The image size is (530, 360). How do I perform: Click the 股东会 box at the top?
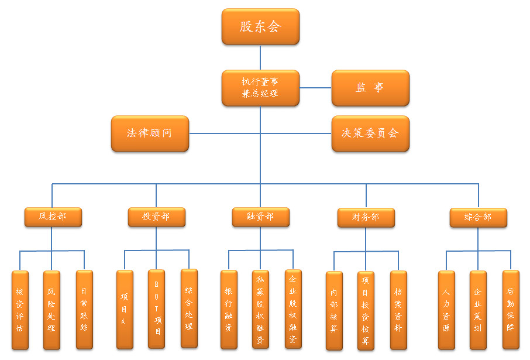pos(260,26)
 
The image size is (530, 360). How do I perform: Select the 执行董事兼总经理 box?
pos(260,88)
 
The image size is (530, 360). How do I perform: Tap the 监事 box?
pos(370,88)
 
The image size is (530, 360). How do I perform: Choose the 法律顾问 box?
pos(150,133)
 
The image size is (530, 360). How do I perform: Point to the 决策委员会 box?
pos(370,133)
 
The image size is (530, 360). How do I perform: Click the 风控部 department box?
pos(53,217)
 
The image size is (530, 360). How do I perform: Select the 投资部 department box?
pos(156,217)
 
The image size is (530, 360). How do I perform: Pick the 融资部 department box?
pos(260,217)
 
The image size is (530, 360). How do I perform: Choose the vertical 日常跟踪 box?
pos(84,310)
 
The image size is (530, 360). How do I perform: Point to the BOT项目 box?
pos(156,309)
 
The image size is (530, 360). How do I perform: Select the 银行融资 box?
pos(229,309)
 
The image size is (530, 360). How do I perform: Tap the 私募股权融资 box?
pos(260,309)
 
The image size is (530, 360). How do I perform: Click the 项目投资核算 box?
pos(366,310)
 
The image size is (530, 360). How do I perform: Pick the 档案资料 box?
pos(398,310)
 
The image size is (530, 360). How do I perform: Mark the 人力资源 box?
pos(446,310)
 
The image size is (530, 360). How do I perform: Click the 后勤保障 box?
pos(511,310)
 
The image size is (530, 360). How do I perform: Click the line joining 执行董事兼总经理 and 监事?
pos(315,88)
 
